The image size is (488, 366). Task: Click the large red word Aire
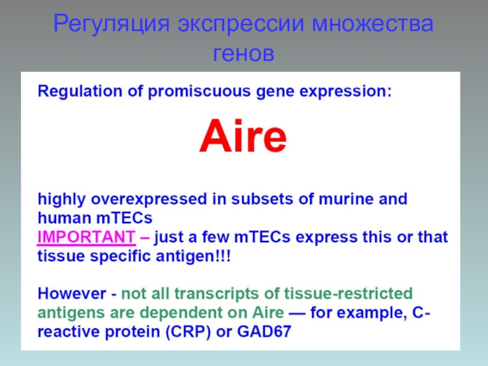243,136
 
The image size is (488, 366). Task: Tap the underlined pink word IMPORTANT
86,237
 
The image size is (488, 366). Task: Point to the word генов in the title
243,54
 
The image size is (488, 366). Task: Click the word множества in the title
373,24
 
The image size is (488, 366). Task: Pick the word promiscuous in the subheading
199,91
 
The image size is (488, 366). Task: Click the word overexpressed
149,199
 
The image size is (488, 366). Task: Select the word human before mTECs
65,218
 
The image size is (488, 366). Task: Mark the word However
71,293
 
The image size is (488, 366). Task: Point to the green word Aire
268,312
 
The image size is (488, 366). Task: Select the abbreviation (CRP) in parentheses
188,332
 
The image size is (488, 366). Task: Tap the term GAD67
264,331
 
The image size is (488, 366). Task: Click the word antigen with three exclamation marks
193,257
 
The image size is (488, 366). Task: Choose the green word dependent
183,313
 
